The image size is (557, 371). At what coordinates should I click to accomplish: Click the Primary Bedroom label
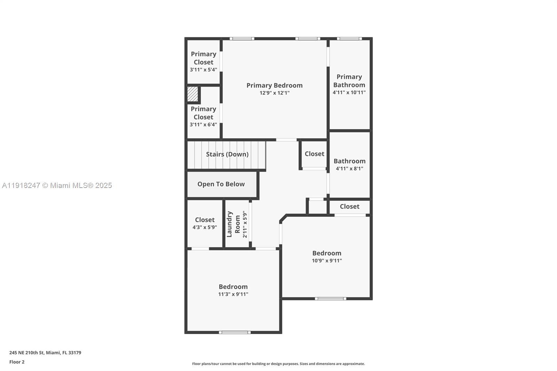pyautogui.click(x=274, y=85)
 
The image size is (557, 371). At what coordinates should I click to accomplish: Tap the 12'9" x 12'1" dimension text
pyautogui.click(x=274, y=93)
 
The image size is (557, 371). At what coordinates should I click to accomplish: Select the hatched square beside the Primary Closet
pyautogui.click(x=193, y=94)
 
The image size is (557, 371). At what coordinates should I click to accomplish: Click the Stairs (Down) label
pyautogui.click(x=227, y=154)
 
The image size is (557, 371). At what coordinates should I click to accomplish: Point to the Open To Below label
pyautogui.click(x=221, y=184)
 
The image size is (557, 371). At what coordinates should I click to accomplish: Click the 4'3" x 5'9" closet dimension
pyautogui.click(x=205, y=227)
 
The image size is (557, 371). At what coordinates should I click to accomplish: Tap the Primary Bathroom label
pyautogui.click(x=349, y=81)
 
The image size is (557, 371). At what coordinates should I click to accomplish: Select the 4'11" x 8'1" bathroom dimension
pyautogui.click(x=349, y=168)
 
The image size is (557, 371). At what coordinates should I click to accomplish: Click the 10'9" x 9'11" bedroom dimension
pyautogui.click(x=327, y=261)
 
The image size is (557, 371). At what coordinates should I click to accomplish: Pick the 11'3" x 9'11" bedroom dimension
pyautogui.click(x=233, y=294)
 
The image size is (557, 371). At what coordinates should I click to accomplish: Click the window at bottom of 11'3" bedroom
pyautogui.click(x=235, y=332)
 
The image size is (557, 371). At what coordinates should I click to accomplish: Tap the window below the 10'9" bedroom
pyautogui.click(x=330, y=299)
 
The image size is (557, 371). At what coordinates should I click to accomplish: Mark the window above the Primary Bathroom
pyautogui.click(x=349, y=39)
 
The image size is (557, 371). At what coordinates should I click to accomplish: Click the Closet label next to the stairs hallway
pyautogui.click(x=314, y=154)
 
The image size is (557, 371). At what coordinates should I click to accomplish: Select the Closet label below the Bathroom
pyautogui.click(x=350, y=206)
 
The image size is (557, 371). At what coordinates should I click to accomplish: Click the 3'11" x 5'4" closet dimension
pyautogui.click(x=203, y=70)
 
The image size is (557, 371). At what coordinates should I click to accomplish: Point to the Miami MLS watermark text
pyautogui.click(x=57, y=185)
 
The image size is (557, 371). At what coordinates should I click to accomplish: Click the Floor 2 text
pyautogui.click(x=17, y=362)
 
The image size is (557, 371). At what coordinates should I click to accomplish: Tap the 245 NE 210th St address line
pyautogui.click(x=45, y=353)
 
